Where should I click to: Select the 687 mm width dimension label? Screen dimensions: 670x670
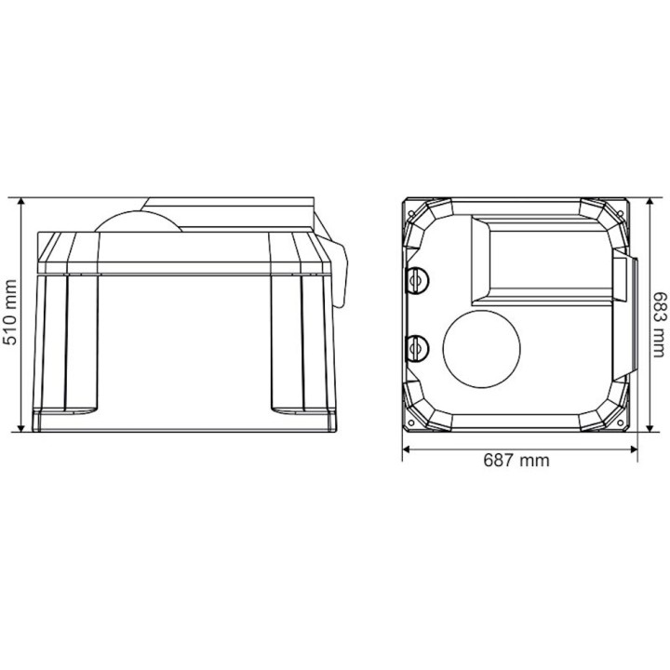pos(516,461)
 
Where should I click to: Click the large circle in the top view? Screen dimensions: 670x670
pos(482,349)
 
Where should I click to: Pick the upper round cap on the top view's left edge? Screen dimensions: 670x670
pos(415,280)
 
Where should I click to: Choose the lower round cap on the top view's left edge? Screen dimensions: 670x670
pos(415,348)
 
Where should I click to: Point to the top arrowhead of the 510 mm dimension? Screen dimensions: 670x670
pos(20,201)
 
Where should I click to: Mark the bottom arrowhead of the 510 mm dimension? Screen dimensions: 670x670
pos(20,428)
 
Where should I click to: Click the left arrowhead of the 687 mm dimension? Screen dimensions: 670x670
pos(407,449)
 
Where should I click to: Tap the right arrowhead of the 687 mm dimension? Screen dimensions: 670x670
pos(634,449)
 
